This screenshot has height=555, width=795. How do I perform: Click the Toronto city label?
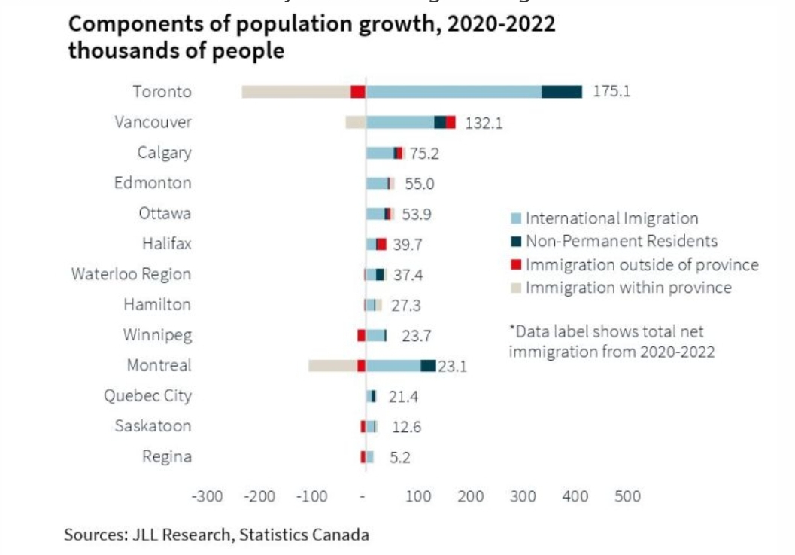point(162,92)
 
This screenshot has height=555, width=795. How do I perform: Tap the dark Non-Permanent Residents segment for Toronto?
point(562,92)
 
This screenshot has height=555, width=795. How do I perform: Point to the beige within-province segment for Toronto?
point(296,92)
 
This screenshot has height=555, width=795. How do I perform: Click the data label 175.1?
point(611,92)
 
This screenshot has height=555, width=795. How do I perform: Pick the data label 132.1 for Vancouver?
point(484,123)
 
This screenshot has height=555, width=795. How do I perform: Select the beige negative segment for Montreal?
point(332,366)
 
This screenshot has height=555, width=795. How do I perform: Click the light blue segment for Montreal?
point(393,366)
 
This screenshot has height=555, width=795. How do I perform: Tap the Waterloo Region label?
point(132,274)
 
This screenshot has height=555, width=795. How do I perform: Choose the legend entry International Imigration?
point(611,219)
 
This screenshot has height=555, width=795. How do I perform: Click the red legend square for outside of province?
point(515,264)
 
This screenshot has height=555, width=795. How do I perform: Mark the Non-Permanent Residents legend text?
point(621,241)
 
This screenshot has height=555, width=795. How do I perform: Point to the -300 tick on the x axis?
point(208,497)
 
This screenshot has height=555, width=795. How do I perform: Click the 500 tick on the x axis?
point(628,497)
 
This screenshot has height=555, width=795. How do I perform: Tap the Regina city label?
point(167,456)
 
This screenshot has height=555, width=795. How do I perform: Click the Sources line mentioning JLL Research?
point(217,535)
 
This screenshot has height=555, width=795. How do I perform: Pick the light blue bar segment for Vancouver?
point(400,123)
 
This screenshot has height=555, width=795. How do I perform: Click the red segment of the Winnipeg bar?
point(361,335)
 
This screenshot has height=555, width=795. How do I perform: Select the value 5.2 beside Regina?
point(399,457)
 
